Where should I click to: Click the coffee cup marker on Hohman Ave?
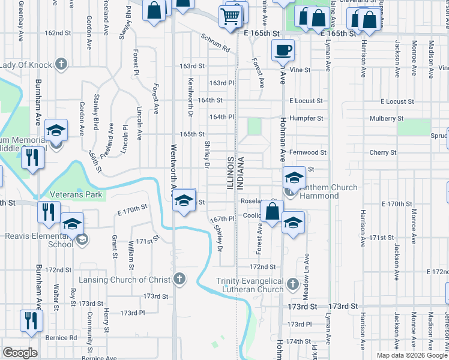283,50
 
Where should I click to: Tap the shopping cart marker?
230,16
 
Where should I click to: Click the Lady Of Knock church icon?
61,64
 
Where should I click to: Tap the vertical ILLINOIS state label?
230,173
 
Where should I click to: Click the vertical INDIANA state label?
241,173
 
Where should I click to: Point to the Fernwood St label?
307,152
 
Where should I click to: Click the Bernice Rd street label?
64,338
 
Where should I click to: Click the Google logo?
20,352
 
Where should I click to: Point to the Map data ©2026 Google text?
412,355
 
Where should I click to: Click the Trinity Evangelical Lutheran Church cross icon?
292,283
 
